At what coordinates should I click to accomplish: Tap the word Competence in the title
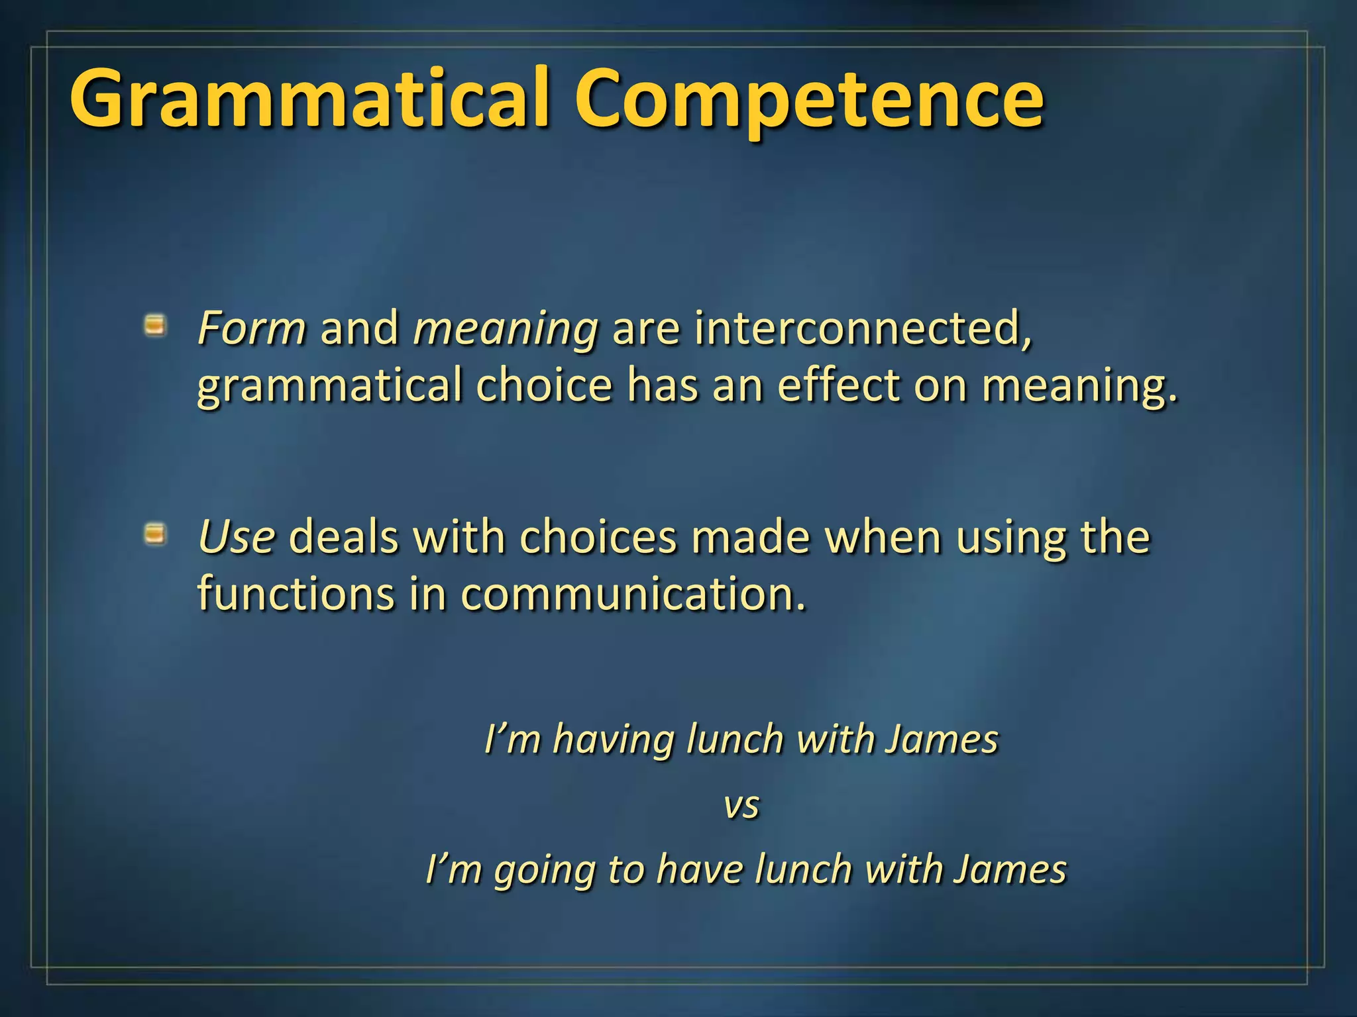(x=808, y=99)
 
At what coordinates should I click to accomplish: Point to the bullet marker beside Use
(x=155, y=534)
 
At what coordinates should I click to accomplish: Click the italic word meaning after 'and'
(x=506, y=329)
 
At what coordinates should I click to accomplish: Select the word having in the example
(x=613, y=740)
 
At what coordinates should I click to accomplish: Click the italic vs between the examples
(x=741, y=806)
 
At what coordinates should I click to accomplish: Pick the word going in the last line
(x=544, y=871)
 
